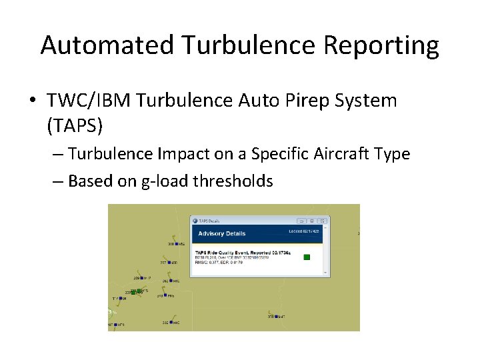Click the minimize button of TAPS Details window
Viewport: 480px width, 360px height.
[301, 221]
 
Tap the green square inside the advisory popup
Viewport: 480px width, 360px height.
[307, 257]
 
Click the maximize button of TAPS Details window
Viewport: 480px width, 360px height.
[311, 221]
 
